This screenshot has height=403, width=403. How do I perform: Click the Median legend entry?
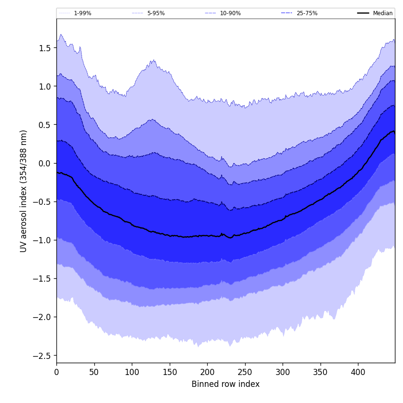(382, 13)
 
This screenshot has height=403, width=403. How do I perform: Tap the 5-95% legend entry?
(156, 13)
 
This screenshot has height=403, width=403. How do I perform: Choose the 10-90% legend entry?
(230, 13)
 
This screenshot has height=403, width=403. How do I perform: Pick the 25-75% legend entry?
(307, 13)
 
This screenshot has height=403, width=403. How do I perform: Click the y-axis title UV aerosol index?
(24, 191)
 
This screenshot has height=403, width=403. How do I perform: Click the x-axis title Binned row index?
(225, 384)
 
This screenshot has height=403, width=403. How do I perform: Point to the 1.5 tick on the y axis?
(45, 48)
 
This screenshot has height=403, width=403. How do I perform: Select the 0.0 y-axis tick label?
(45, 163)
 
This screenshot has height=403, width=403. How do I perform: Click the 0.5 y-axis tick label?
(45, 125)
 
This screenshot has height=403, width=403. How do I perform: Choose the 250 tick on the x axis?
(245, 372)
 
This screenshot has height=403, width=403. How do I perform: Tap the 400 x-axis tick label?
(358, 372)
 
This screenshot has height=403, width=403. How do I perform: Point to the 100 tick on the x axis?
(132, 372)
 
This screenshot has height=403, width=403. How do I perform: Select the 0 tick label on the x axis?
(56, 372)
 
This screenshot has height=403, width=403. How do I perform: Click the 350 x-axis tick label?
(320, 372)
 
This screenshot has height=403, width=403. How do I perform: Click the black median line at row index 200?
(207, 235)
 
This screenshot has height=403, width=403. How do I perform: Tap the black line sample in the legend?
(363, 13)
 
